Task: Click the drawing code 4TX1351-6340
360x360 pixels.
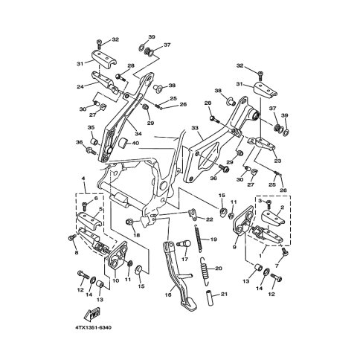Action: pos(94,328)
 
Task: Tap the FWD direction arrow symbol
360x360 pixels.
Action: pos(92,312)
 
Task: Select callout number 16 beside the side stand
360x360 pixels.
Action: pos(168,295)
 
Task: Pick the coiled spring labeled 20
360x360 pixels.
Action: pos(204,269)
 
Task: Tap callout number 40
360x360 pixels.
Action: pos(135,144)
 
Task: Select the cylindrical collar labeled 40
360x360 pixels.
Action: pos(123,143)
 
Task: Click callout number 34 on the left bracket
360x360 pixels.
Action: pos(138,134)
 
